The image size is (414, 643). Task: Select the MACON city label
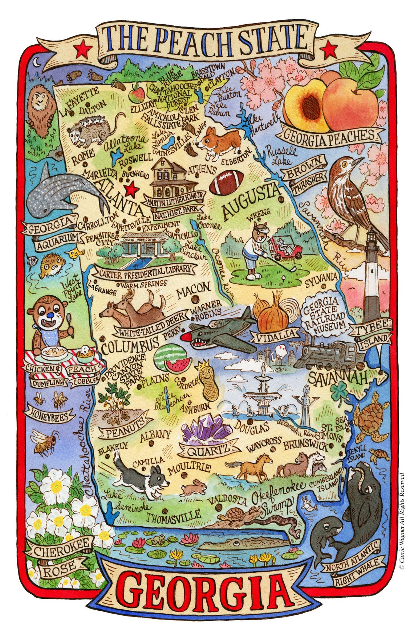[194, 288]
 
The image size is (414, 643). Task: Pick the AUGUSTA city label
[252, 202]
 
